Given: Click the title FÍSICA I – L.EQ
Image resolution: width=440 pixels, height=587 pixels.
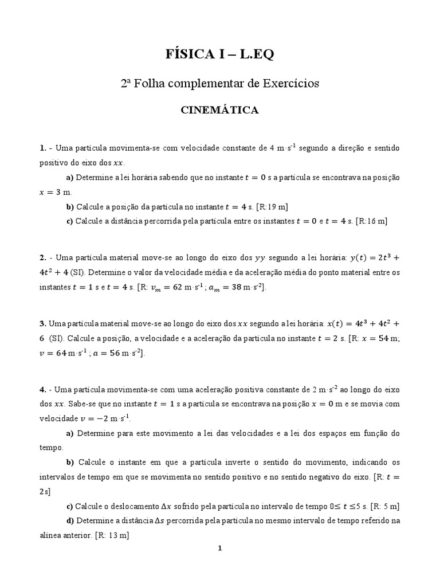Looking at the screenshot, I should [220, 54].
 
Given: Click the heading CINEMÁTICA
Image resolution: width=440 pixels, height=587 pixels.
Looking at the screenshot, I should [220, 110].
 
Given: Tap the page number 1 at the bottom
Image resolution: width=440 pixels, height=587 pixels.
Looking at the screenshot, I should [219, 548].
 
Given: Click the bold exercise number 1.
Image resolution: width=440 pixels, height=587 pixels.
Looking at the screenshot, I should [42, 148].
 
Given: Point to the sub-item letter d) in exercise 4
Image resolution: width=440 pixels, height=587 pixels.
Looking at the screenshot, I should [70, 521].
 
